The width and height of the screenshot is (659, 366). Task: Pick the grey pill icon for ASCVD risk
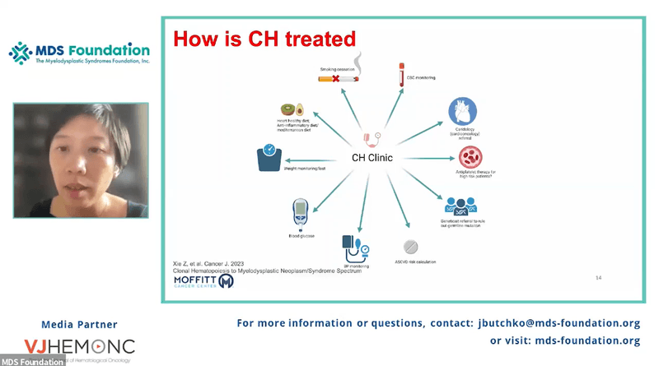(x=409, y=246)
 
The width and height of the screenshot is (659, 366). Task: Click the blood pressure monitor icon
(x=353, y=245)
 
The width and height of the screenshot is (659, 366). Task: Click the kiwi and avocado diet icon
(x=290, y=109)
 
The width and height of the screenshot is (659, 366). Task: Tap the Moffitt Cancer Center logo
(x=202, y=282)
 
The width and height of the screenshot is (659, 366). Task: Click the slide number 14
(x=598, y=279)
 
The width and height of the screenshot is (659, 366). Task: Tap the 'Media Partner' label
(x=79, y=324)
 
